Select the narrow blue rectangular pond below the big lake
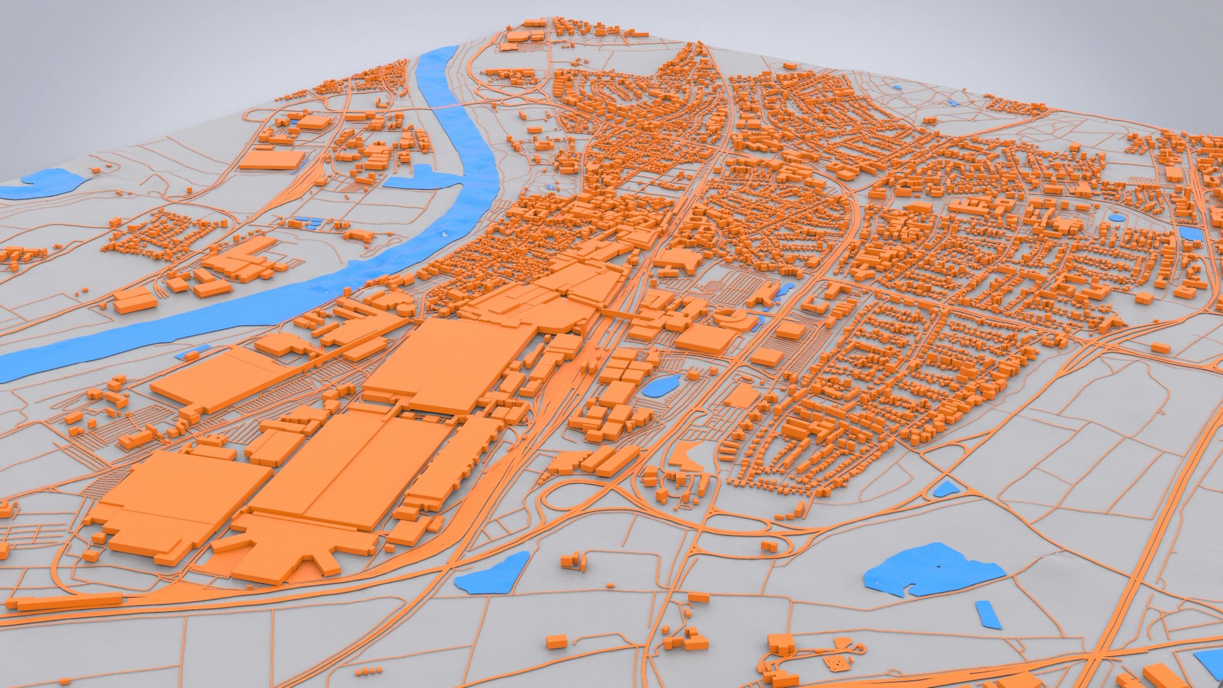pos(988,614)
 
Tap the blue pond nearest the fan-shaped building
pos(492,573)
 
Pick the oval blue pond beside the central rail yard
pos(660,386)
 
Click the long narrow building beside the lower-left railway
pos(67,601)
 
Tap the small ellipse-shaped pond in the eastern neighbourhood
pos(1117,217)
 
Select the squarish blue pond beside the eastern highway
pos(1190,233)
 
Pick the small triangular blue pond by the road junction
pos(945,489)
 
